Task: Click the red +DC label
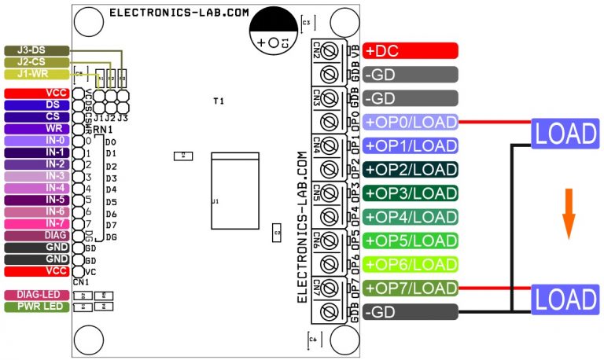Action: click(410, 51)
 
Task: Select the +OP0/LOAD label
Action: click(410, 122)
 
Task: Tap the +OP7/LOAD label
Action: click(410, 288)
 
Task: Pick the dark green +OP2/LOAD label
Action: click(410, 169)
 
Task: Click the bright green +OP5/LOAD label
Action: click(410, 241)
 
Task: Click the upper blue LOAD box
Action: click(565, 134)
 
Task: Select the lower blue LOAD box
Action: click(565, 299)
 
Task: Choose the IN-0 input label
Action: click(36, 140)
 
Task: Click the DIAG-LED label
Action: click(36, 295)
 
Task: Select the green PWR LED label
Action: click(36, 307)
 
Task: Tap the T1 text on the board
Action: click(219, 102)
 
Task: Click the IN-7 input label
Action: click(36, 224)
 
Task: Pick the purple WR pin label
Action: click(36, 127)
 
